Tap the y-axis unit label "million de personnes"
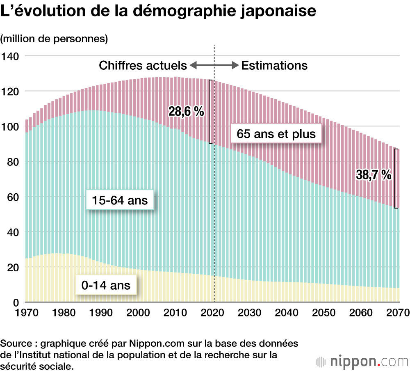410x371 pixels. click(x=54, y=39)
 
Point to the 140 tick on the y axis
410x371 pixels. click(x=11, y=56)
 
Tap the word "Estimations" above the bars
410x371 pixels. click(x=274, y=66)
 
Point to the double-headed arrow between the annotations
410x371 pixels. click(x=214, y=65)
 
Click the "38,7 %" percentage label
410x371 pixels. click(x=374, y=175)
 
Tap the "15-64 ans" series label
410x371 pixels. click(x=120, y=201)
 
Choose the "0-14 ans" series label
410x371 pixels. click(x=105, y=285)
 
